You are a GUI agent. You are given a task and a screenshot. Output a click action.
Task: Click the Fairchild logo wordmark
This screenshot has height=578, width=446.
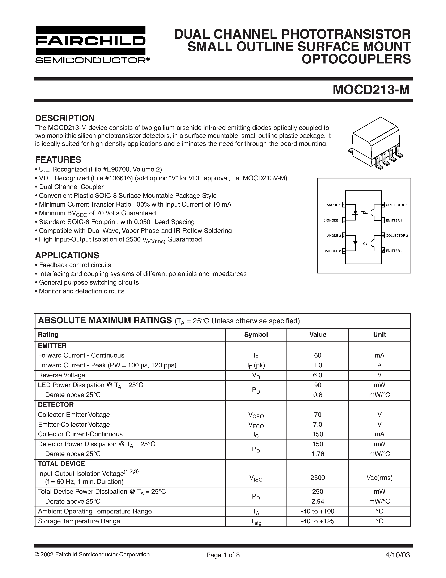point(90,41)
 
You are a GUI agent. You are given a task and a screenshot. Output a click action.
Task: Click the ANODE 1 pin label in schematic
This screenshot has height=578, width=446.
point(333,205)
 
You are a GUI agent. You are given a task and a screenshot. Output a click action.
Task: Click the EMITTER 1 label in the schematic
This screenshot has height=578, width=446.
point(394,220)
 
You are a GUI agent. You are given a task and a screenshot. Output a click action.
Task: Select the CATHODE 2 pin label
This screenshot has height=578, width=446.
point(332,251)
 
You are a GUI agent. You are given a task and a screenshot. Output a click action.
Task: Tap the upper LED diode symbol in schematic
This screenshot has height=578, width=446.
point(356,212)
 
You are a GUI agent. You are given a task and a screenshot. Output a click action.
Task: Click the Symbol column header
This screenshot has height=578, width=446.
point(256,335)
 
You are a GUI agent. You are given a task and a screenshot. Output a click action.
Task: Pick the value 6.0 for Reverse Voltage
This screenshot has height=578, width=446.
point(317,375)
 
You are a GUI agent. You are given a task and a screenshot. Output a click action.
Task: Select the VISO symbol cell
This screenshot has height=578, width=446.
point(256,478)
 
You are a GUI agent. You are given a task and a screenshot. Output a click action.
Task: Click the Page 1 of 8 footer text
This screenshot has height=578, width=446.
point(223,555)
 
